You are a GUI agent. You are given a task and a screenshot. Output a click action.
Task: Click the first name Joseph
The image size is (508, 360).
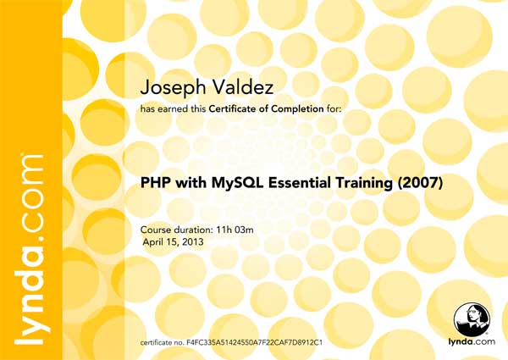pos(173,88)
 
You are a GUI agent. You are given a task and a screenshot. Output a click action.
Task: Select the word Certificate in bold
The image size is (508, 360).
pos(232,109)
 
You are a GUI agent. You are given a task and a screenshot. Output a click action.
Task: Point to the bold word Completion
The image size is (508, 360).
pos(297,109)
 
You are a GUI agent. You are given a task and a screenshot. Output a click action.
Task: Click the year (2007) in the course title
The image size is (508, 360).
pos(420,183)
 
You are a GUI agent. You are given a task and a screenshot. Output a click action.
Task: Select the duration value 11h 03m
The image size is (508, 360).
pos(235,230)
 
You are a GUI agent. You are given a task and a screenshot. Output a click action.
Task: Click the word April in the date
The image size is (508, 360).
pos(154,242)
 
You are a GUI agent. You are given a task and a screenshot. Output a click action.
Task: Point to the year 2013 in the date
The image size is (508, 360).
pos(193,242)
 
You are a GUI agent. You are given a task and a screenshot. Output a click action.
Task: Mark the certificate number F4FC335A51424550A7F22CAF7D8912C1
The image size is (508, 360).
pos(254,342)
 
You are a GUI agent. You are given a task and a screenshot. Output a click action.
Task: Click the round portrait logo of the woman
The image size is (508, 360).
pos(472,320)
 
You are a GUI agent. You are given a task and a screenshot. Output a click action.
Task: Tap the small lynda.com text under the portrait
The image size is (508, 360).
pos(472,341)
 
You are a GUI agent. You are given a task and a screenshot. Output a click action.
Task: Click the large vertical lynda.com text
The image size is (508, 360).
pos(29,250)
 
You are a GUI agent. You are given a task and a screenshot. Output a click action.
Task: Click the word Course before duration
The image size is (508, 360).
pos(156,230)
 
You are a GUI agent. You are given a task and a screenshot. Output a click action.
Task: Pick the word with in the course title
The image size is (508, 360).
pos(190,183)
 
